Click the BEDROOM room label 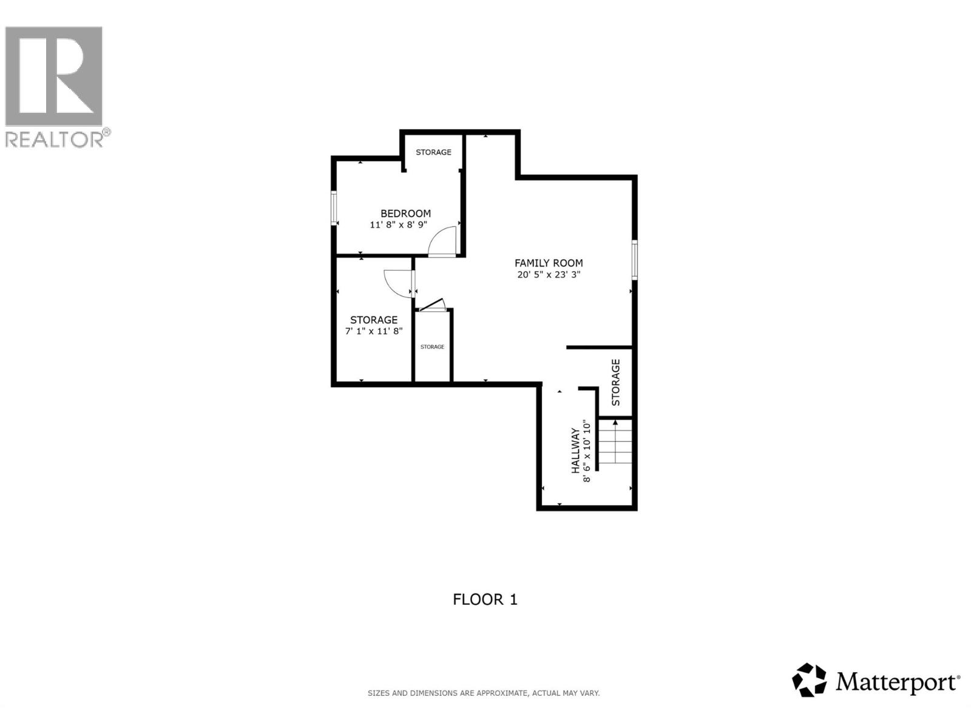(405, 214)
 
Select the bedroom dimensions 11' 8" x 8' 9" (399, 224)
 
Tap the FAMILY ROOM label (549, 263)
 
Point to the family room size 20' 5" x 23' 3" (549, 274)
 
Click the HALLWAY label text (575, 451)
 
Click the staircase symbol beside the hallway (616, 443)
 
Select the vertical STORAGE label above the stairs (616, 382)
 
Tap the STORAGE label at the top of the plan (433, 152)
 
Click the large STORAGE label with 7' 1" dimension (374, 320)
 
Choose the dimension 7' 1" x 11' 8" (374, 331)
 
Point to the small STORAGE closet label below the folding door (432, 347)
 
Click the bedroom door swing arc (441, 241)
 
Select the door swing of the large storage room (398, 283)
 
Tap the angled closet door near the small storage (433, 305)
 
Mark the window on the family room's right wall (634, 260)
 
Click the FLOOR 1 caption (485, 599)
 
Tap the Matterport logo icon (809, 680)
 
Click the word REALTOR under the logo (55, 140)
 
